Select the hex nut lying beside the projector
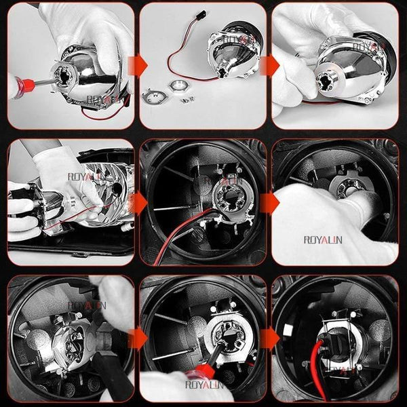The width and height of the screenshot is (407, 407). click(180, 89)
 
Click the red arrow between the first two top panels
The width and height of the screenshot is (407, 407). click(138, 65)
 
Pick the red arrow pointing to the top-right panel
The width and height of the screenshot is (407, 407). click(270, 65)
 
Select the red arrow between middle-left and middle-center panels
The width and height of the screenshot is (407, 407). click(138, 202)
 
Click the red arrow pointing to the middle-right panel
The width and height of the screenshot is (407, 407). click(270, 202)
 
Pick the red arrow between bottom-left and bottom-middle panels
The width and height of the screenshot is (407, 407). click(138, 338)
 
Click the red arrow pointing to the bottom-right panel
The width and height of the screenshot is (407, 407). click(270, 338)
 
